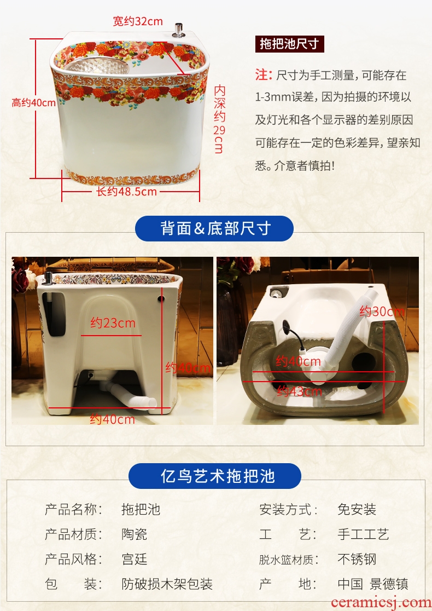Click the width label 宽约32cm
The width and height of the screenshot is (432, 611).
(138, 21)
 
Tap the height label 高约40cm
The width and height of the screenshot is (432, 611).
(34, 103)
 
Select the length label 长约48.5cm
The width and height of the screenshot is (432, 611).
(126, 191)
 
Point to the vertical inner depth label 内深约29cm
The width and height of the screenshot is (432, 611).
(219, 119)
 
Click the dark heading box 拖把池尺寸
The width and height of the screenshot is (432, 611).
(290, 44)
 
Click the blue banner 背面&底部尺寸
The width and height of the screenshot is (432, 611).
(214, 228)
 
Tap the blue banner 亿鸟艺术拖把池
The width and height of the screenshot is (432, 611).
(215, 476)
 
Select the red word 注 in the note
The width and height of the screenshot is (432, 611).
(263, 74)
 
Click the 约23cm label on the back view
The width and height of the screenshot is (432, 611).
(113, 323)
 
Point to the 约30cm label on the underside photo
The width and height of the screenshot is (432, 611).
(381, 312)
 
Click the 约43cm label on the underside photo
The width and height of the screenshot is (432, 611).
(299, 391)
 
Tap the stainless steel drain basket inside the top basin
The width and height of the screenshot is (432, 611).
(97, 66)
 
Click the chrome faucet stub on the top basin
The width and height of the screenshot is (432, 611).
(179, 30)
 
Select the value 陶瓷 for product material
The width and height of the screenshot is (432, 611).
(135, 534)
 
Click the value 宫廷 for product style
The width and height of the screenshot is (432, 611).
(135, 559)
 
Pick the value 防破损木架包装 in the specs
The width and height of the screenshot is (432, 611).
(167, 584)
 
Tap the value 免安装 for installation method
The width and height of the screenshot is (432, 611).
(357, 509)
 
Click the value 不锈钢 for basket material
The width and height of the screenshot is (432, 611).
(357, 559)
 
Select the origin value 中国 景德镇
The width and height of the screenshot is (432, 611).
(373, 584)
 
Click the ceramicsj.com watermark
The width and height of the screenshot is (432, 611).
(381, 602)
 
